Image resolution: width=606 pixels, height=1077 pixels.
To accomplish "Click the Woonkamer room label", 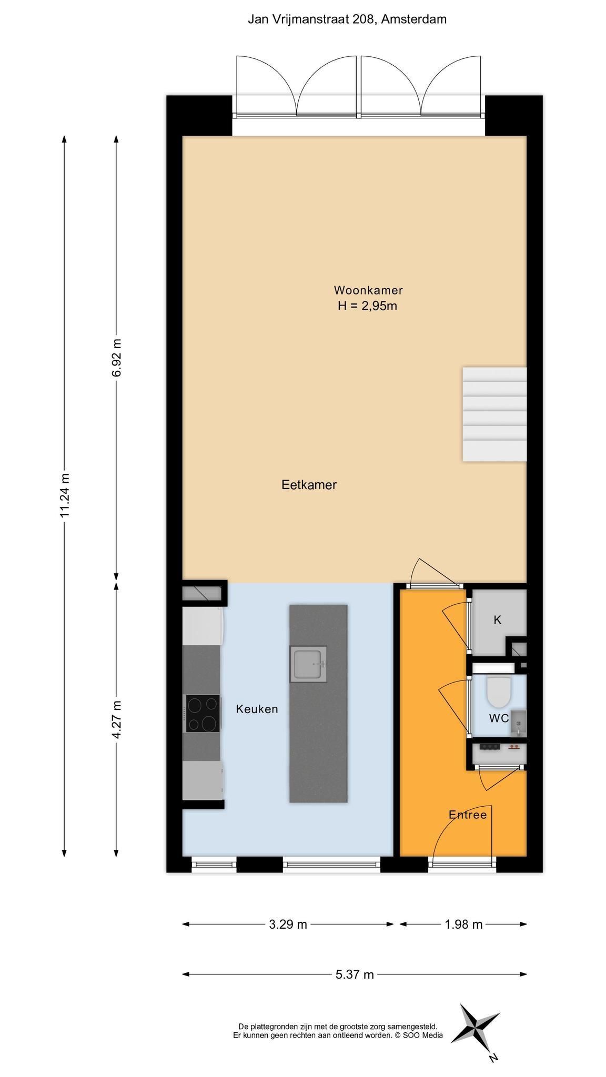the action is pyautogui.click(x=368, y=290).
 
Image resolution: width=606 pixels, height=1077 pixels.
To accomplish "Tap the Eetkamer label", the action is pyautogui.click(x=309, y=484).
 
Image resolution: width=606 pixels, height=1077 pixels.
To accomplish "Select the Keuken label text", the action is pyautogui.click(x=257, y=709).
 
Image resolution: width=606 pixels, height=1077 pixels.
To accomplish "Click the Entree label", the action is pyautogui.click(x=468, y=815).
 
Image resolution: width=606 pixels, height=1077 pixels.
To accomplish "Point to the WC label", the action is pyautogui.click(x=499, y=718).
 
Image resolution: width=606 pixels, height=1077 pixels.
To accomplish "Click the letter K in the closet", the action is pyautogui.click(x=497, y=620).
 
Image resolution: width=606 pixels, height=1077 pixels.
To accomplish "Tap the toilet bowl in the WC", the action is pyautogui.click(x=499, y=692).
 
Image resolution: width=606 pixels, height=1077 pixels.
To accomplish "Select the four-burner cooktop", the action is pyautogui.click(x=203, y=714).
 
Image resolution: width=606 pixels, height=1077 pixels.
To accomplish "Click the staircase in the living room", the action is pyautogui.click(x=494, y=414).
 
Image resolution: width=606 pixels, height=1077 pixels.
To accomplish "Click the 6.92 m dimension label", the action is pyautogui.click(x=116, y=358).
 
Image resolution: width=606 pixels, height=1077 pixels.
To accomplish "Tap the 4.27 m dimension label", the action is pyautogui.click(x=116, y=719).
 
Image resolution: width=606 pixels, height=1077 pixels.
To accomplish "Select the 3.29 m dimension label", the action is pyautogui.click(x=288, y=924).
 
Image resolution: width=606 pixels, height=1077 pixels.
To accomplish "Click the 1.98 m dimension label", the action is pyautogui.click(x=463, y=924).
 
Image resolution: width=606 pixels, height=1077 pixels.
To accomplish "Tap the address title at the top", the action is pyautogui.click(x=347, y=19).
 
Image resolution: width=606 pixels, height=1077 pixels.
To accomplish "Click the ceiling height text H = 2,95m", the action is pyautogui.click(x=367, y=306).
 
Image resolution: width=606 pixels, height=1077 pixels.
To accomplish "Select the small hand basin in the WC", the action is pyautogui.click(x=518, y=723).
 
